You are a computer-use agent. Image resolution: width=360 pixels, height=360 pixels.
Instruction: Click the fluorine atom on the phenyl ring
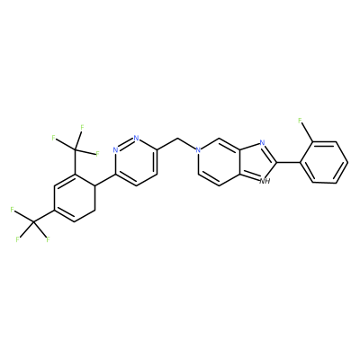(300, 121)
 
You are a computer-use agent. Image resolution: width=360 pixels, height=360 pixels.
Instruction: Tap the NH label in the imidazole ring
(265, 181)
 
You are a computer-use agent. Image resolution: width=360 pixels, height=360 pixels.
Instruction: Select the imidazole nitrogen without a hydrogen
(262, 143)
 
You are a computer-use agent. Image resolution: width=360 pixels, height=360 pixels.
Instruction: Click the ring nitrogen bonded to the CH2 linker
(197, 149)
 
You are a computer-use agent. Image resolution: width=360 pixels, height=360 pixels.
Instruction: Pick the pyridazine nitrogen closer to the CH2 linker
(137, 138)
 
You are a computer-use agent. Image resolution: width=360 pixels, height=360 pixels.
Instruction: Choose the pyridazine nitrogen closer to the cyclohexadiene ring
(115, 149)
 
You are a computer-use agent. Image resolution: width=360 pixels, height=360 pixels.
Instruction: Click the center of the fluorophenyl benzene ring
(324, 162)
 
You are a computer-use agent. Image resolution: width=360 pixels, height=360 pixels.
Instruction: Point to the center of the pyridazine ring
(137, 162)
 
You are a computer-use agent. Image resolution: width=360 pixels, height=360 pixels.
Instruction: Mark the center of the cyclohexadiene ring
(74, 197)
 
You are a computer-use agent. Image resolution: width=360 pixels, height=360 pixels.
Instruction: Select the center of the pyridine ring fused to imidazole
(219, 162)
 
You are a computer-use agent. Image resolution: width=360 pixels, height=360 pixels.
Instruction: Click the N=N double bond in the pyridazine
(126, 144)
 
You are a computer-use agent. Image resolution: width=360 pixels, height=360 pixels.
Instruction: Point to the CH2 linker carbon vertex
(178, 139)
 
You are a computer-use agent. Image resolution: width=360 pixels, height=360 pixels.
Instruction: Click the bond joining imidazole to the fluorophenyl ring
(288, 162)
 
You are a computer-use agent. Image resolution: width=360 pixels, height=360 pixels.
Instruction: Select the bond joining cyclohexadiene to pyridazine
(105, 180)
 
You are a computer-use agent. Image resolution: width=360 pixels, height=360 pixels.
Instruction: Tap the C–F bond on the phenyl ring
(306, 133)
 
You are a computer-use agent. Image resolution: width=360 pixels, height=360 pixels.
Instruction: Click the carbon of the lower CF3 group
(32, 222)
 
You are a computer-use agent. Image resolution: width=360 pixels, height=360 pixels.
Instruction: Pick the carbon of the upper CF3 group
(75, 149)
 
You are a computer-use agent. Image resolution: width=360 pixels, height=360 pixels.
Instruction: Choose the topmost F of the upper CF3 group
(81, 128)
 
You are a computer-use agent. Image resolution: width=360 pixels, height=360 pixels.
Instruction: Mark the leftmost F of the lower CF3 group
(13, 210)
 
